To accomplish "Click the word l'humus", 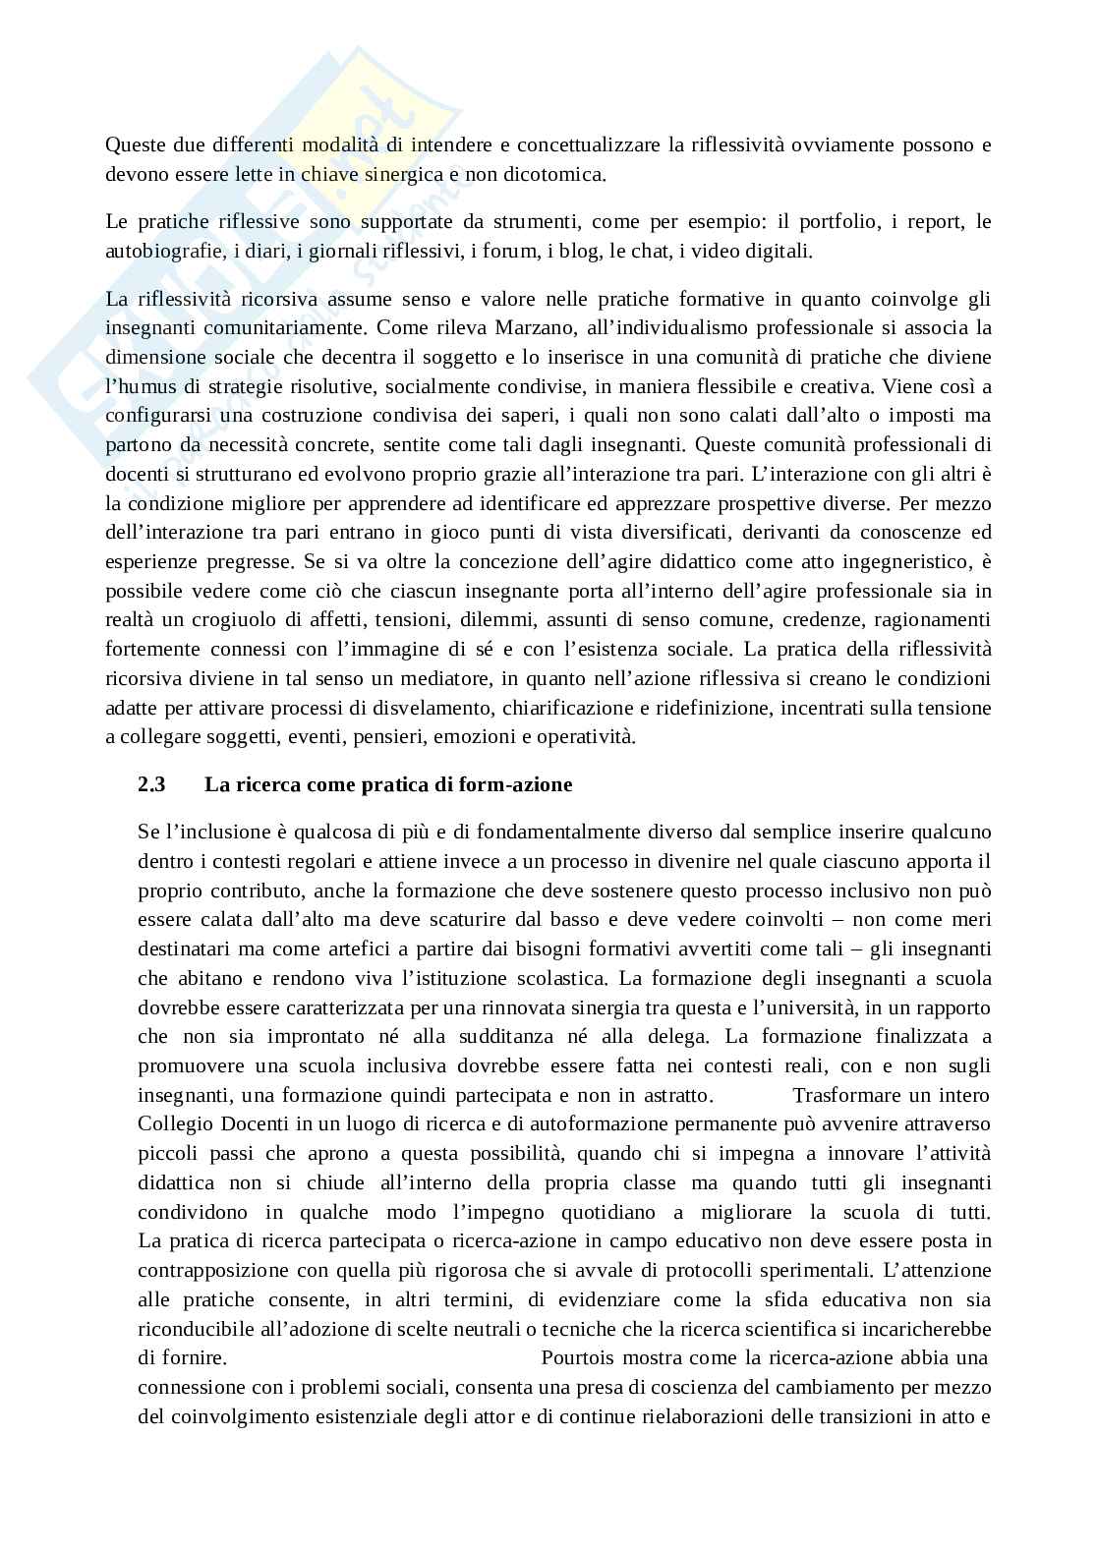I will point(137,385).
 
